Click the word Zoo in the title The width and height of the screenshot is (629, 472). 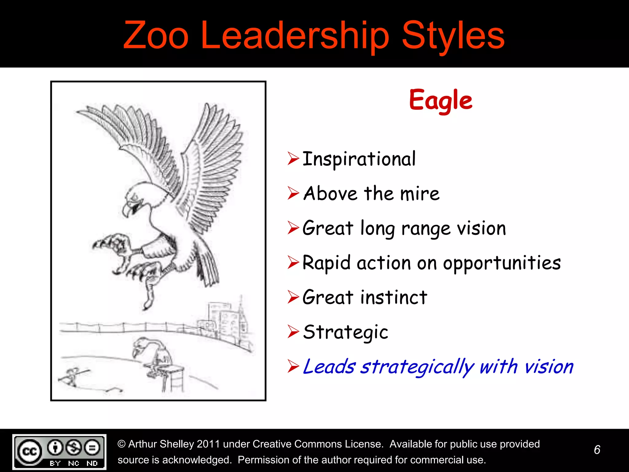tap(156, 36)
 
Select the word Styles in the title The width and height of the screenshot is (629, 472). tap(453, 36)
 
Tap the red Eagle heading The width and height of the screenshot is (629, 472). tap(441, 100)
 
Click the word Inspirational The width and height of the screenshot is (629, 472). tap(359, 159)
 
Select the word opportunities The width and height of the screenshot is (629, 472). tap(502, 263)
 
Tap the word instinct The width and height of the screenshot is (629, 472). tap(394, 297)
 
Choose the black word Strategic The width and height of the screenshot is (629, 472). tap(346, 332)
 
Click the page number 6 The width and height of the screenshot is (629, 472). tap(597, 450)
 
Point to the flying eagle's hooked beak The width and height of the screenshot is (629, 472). tap(127, 210)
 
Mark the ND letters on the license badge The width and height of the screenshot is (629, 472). tap(92, 463)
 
